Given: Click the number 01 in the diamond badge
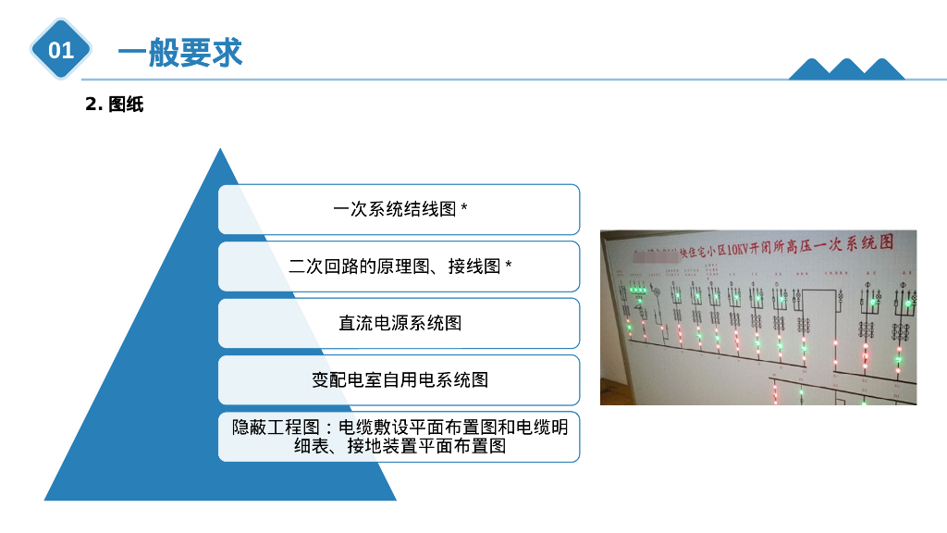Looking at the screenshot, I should coord(61,50).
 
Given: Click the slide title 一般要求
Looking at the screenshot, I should coord(179,52).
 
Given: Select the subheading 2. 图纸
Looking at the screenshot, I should coord(114,105).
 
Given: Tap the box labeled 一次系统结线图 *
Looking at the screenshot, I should coord(399,209).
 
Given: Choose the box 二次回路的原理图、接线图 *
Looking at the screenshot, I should coord(399,266).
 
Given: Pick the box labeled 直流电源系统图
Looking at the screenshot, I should coord(399,323).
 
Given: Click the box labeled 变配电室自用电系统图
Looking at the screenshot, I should coord(399,379).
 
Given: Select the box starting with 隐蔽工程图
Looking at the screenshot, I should coord(399,436).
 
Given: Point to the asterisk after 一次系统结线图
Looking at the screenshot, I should coord(464,209).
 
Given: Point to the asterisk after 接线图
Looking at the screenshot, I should coord(509,266).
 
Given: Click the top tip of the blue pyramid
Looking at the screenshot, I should coord(220,151).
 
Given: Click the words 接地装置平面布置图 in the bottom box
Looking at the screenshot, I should coord(426,447).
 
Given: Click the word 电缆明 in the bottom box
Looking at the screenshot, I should coord(543,427).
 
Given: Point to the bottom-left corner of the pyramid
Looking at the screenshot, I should coord(47,499).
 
